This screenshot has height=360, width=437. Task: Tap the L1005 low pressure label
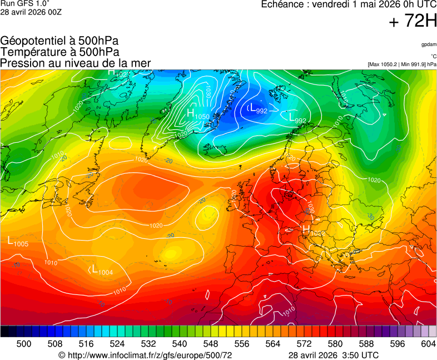18,242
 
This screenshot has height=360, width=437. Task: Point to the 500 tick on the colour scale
24,344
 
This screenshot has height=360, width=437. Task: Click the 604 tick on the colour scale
428,344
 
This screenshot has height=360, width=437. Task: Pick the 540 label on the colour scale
179,344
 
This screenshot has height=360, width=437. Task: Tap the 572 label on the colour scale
304,344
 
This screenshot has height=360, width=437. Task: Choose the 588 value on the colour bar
366,344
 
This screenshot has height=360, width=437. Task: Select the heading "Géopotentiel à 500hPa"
59,41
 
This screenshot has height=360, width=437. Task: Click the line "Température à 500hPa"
59,52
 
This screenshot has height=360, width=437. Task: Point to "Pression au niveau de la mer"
76,63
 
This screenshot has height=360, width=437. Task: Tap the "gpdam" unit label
428,44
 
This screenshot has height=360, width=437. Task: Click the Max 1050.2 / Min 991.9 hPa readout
402,64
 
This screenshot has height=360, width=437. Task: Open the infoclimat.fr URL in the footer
145,355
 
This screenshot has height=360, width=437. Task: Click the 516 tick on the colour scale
86,344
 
